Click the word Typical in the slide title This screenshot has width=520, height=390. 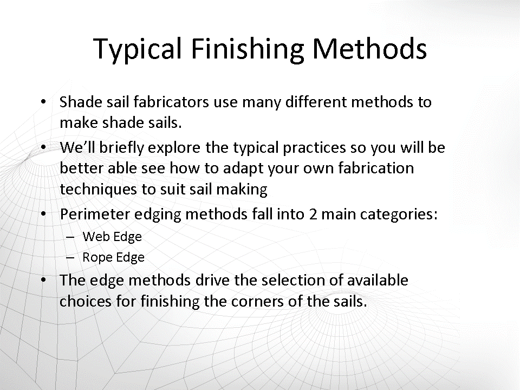138,49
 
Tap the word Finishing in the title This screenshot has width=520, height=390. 248,49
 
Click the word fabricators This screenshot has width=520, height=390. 171,102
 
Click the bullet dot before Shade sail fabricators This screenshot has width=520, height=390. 43,101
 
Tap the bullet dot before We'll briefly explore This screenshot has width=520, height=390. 43,147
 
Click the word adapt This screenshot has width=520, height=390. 243,168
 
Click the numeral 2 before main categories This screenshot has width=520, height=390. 313,214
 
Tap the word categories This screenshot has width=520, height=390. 399,214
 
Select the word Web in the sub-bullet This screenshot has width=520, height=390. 94,237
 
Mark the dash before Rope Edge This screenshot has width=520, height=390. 70,258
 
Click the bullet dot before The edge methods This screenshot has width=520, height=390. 43,280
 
